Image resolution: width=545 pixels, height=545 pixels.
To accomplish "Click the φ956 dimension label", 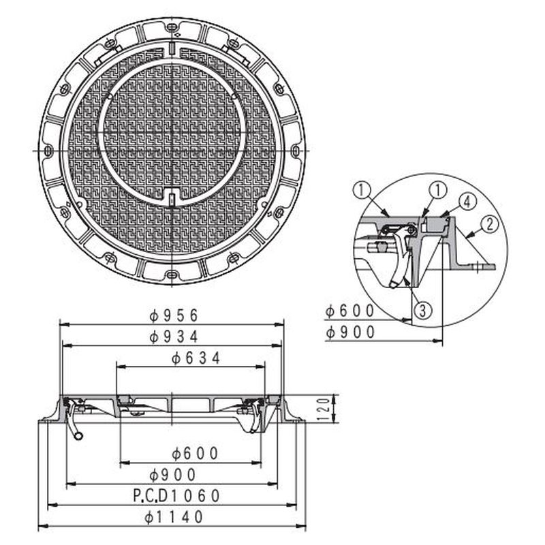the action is coord(174,315).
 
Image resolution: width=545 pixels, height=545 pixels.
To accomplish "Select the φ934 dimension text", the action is coord(174,337).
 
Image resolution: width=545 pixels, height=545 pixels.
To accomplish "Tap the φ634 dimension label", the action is coord(196,358).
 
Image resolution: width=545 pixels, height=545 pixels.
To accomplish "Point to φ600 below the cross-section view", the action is coord(195,453).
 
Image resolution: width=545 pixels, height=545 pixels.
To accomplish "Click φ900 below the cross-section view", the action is coord(173,474).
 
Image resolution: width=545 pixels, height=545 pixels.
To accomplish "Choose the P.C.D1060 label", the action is coord(176,496).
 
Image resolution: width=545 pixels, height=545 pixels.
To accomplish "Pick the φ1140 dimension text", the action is coord(174,517).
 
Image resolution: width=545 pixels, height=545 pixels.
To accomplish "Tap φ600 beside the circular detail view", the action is coord(350,311).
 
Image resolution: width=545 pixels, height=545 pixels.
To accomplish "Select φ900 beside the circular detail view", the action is coord(350,332).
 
